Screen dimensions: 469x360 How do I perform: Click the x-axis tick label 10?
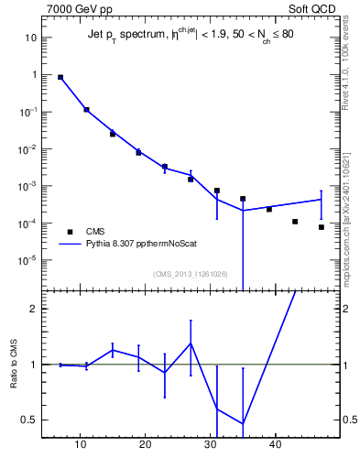click(81, 445)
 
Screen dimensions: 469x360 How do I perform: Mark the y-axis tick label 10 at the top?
click(30, 38)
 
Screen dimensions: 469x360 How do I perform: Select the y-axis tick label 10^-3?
click(28, 186)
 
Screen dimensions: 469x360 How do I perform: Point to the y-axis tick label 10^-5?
click(28, 260)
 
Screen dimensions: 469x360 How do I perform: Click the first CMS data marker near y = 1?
click(60, 78)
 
